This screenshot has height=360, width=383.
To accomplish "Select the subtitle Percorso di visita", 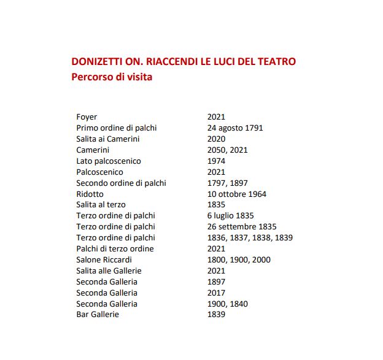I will pyautogui.click(x=112, y=78).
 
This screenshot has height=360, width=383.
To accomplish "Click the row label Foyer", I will pyautogui.click(x=87, y=117).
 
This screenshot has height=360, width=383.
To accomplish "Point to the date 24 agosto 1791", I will pyautogui.click(x=235, y=128).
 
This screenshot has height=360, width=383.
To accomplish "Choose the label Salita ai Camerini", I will pyautogui.click(x=107, y=139).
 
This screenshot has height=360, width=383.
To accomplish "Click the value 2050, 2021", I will pyautogui.click(x=228, y=150).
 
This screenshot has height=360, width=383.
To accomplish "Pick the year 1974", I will pyautogui.click(x=216, y=161).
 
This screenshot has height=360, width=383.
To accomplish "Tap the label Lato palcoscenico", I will pyautogui.click(x=109, y=161).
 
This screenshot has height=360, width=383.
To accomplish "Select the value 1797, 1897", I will pyautogui.click(x=227, y=183).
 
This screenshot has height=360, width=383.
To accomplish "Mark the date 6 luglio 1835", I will pyautogui.click(x=231, y=216).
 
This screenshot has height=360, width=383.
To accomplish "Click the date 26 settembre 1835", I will pyautogui.click(x=242, y=227).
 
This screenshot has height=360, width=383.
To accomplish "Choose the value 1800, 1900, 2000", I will pyautogui.click(x=239, y=260).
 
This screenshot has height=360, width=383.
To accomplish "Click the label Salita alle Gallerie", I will pyautogui.click(x=109, y=271).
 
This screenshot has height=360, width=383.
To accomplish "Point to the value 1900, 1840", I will pyautogui.click(x=228, y=304).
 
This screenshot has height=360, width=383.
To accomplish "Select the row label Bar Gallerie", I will pyautogui.click(x=98, y=315).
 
